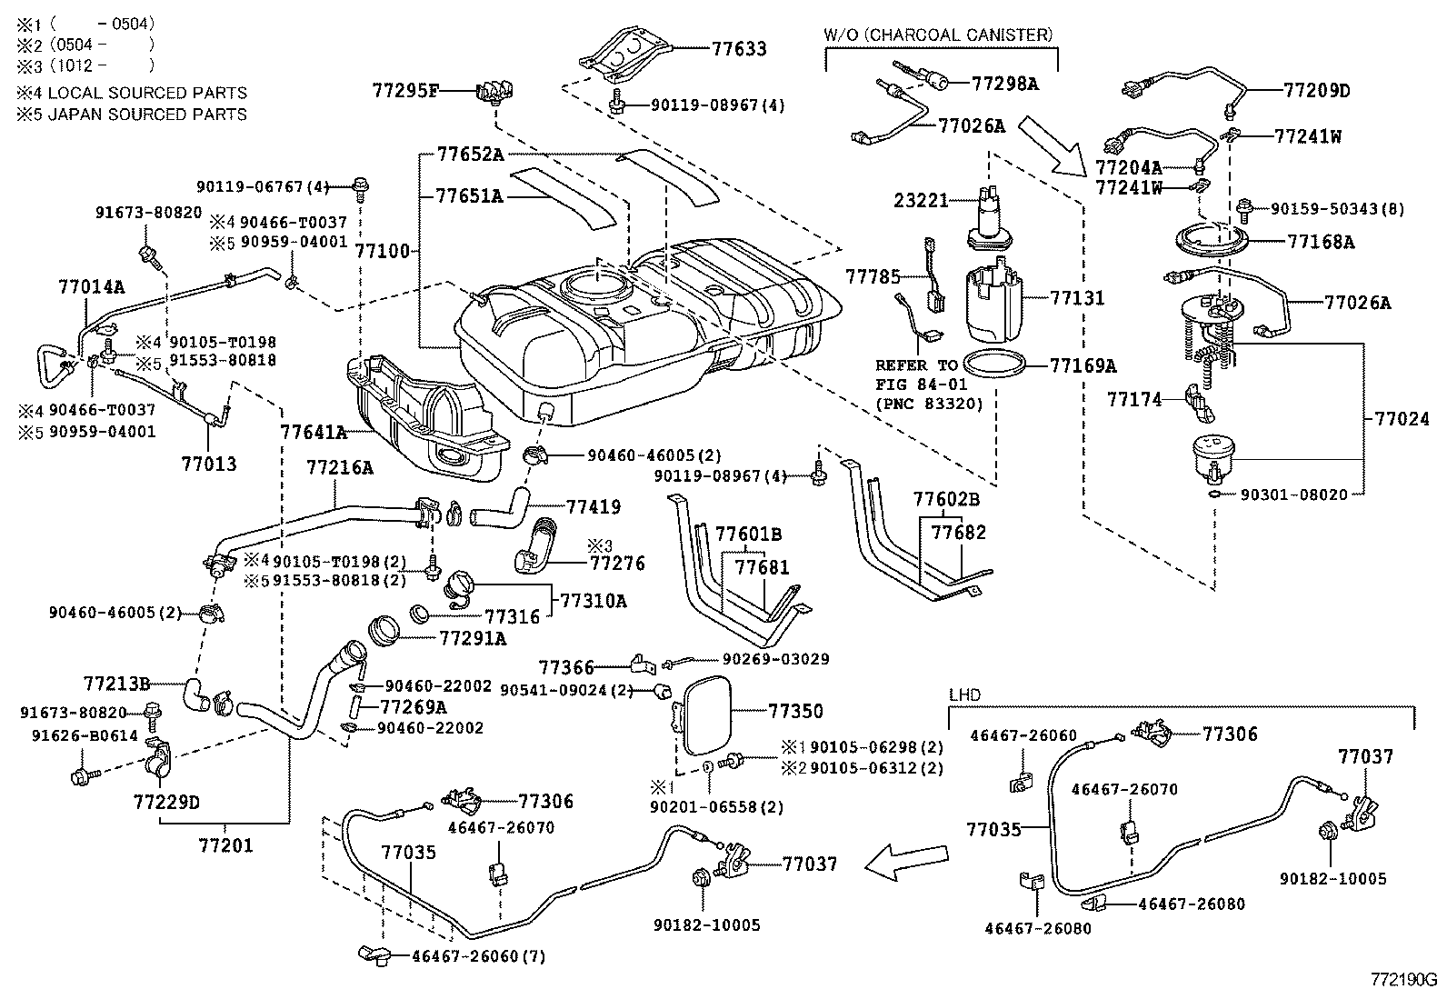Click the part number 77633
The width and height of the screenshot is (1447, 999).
[739, 49]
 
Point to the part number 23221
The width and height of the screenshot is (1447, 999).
[922, 200]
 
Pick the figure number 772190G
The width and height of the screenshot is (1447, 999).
[1403, 980]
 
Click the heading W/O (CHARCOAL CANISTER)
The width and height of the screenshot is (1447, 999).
[938, 35]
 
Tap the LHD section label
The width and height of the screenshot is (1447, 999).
[964, 694]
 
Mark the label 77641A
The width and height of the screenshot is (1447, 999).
[314, 432]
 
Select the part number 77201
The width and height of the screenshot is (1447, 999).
[225, 845]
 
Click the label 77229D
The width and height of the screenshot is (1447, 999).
[166, 803]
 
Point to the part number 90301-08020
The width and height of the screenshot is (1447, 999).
[1301, 495]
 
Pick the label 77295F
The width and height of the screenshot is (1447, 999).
[405, 89]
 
